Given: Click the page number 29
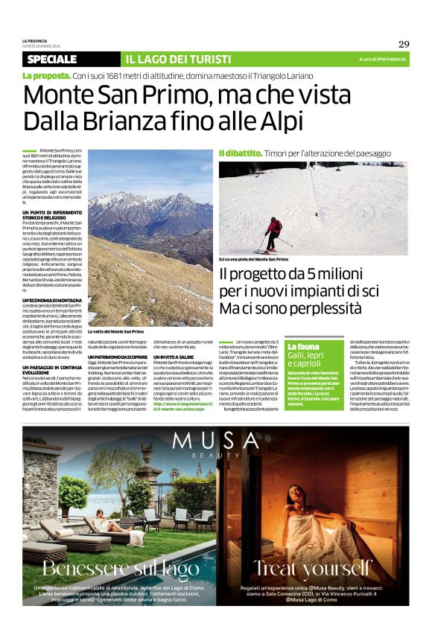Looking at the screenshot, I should (x=404, y=44).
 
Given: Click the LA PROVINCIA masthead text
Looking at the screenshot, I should (x=35, y=39).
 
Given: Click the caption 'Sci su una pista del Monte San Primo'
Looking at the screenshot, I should (x=253, y=259).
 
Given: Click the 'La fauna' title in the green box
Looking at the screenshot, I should (x=302, y=348).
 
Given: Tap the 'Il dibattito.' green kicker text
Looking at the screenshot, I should (x=240, y=153).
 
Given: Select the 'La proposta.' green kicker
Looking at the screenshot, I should (x=45, y=76).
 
